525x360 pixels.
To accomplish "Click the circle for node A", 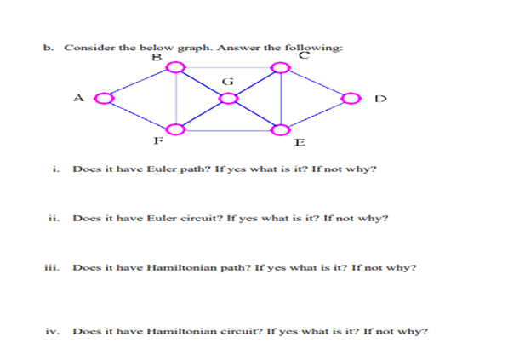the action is pos(103,99).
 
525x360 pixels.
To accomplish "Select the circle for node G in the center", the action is pos(227,99).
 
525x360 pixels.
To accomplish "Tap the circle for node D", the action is pos(350,99).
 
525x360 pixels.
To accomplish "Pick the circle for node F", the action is pos(175,129).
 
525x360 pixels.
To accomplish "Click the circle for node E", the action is pos(281,130).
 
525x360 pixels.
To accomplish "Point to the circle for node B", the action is pos(175,67).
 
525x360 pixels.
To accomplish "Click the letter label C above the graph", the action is pos(304,55).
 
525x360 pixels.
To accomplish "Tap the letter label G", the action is pos(226,81).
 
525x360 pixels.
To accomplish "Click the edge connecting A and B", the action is pos(139,83).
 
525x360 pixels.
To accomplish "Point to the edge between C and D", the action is pos(316,83).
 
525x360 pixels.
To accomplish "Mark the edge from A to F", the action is pos(139,114).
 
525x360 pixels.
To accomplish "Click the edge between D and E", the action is pos(316,114).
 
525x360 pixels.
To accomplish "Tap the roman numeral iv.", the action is pos(52,331).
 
